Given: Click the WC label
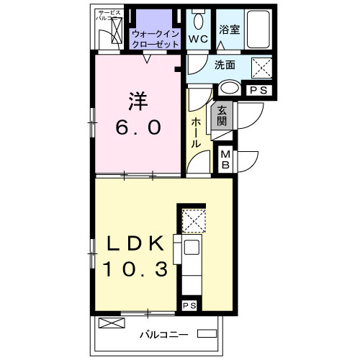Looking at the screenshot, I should pyautogui.click(x=198, y=37).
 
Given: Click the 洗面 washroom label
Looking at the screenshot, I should pyautogui.click(x=224, y=66).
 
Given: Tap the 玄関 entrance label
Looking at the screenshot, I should pyautogui.click(x=222, y=116).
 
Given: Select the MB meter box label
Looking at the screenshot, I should pyautogui.click(x=225, y=159).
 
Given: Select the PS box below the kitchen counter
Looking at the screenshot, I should pyautogui.click(x=189, y=306).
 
